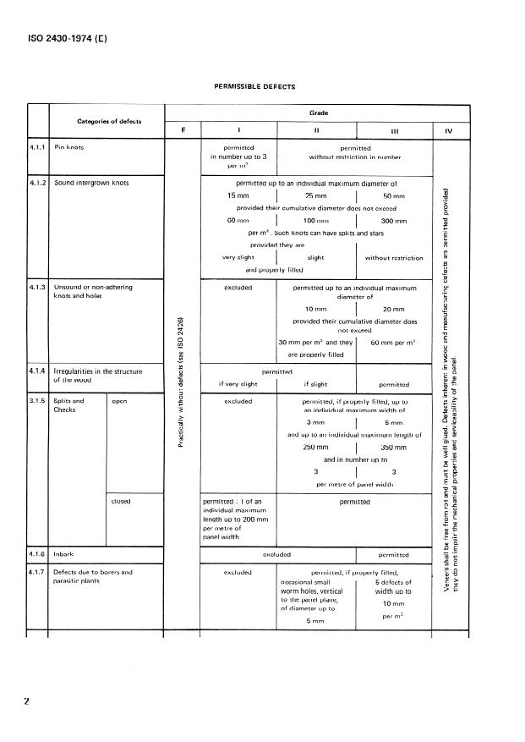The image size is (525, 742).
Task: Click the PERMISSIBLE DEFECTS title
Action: [x=255, y=85]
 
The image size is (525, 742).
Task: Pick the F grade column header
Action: [x=183, y=130]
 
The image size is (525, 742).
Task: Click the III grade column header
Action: [x=394, y=131]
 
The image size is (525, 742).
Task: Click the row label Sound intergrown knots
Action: [x=91, y=182]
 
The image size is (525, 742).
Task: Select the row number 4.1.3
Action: [x=38, y=287]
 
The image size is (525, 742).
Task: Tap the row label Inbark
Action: [x=64, y=555]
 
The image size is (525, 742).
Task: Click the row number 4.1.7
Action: [x=38, y=573]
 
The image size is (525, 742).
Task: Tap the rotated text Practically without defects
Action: [x=183, y=385]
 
